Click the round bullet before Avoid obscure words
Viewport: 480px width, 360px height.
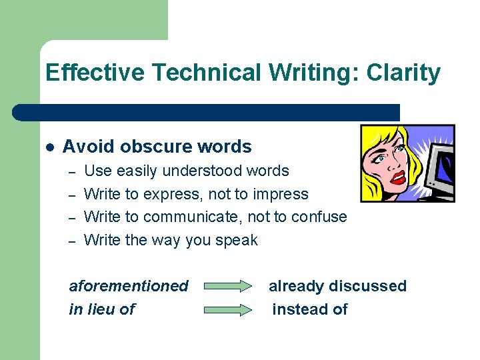[49, 147]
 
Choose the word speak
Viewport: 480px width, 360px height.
[237, 241]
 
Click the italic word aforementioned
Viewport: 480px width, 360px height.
[129, 286]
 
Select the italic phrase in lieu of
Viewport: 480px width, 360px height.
[102, 309]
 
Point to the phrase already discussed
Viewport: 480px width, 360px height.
[337, 286]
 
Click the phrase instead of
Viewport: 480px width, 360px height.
[310, 309]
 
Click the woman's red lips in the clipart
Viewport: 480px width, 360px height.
[399, 177]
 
